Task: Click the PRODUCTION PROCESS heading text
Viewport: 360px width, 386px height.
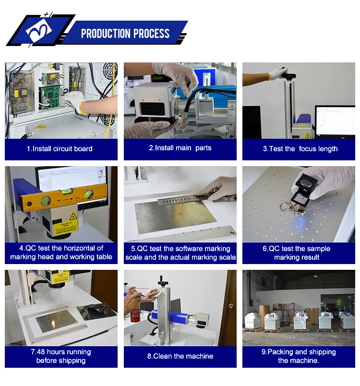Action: (x=125, y=34)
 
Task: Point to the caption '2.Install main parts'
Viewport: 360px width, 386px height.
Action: (x=180, y=148)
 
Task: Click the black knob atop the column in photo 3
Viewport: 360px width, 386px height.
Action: (x=291, y=76)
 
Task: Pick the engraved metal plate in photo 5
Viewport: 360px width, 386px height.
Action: (x=175, y=216)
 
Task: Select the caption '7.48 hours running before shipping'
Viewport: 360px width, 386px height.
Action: (x=60, y=356)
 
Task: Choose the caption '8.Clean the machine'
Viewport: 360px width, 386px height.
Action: (x=180, y=356)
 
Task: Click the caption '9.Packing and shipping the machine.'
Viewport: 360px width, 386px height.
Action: (x=298, y=356)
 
